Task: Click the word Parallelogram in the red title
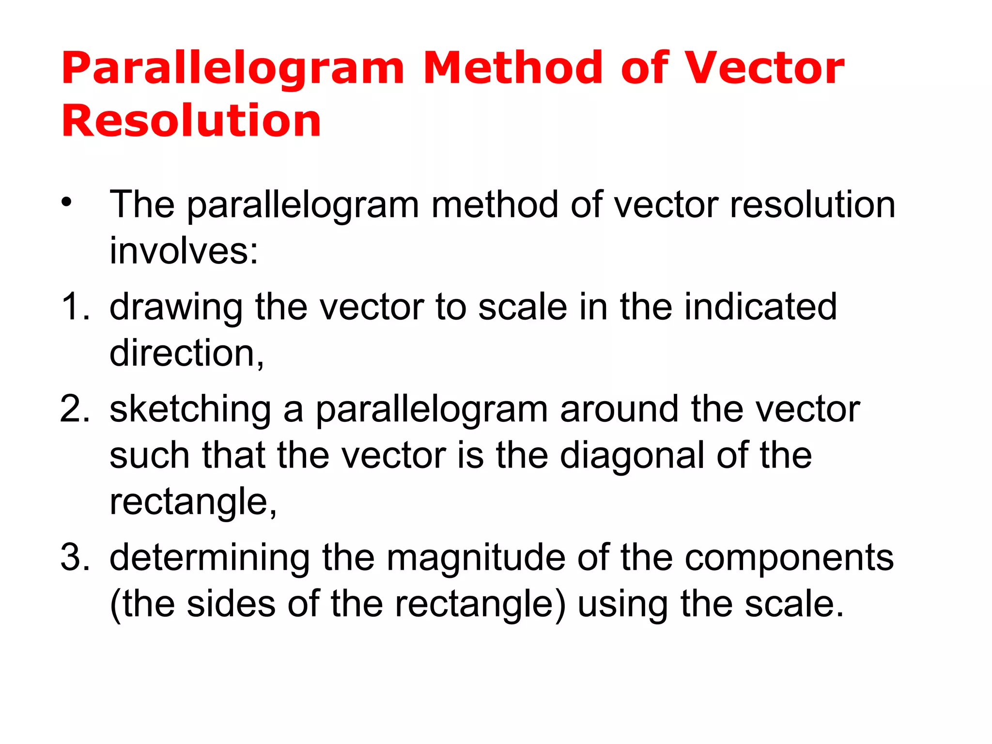coord(232,69)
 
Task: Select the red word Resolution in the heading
coord(191,121)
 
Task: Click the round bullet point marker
coord(66,202)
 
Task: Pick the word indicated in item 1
coord(760,307)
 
